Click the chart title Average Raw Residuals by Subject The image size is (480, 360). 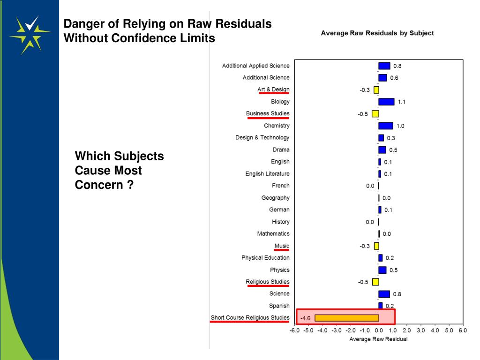pos(377,33)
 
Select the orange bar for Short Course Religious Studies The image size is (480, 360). pos(346,318)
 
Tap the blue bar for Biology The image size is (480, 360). pos(386,102)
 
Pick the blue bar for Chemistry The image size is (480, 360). pos(386,126)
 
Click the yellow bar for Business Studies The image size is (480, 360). pos(375,114)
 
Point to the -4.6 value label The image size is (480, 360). pos(305,318)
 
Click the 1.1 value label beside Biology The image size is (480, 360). pos(402,102)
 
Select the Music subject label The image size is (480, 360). pos(282,246)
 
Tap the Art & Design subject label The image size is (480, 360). pos(273,90)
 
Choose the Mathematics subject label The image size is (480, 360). pos(273,233)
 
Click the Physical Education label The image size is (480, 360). pos(265,258)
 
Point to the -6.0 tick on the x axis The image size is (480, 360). pos(294,330)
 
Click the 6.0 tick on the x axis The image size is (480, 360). pos(463,330)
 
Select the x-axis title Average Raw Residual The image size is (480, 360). pos(378,339)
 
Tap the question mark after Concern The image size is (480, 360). pos(130,185)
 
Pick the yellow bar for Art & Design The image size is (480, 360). pos(376,90)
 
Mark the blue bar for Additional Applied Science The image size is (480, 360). pos(384,66)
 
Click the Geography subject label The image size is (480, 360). pos(275,198)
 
